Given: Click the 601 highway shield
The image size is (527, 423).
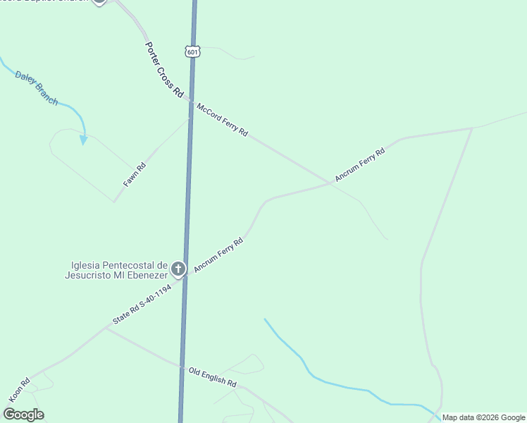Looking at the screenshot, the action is pos(193,51).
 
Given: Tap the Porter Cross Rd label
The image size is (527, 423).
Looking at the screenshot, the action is pos(164,70).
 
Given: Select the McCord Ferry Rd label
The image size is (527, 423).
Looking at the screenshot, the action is pos(223,120).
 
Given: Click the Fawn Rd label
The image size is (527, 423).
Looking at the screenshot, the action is pos(135,174).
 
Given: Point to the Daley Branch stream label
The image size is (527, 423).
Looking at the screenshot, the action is pos(37,88).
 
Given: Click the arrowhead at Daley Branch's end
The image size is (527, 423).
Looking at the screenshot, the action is pos(83,140).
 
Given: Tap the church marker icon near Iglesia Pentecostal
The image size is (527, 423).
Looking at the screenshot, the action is pos(178,269).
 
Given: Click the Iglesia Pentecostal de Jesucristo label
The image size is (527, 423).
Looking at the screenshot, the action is pos(118,270).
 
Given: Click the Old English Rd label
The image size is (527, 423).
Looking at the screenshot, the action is pos(212,376).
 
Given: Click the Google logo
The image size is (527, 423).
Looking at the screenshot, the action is pos(23,414).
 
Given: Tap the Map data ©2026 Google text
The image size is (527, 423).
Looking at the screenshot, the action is pos(483,417).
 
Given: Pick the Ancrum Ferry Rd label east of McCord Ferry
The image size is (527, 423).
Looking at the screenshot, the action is pos(359,164).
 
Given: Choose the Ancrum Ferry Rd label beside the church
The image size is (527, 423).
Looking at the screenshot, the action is pos(218,255).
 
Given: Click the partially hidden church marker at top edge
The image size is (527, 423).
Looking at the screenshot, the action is pos(99,1).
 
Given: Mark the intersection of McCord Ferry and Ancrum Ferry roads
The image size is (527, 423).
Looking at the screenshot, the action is pos(330,183).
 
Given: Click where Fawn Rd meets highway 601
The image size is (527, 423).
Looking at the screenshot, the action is pos(190,118).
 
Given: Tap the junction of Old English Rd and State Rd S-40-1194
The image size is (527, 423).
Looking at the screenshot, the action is pos(106,328).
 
